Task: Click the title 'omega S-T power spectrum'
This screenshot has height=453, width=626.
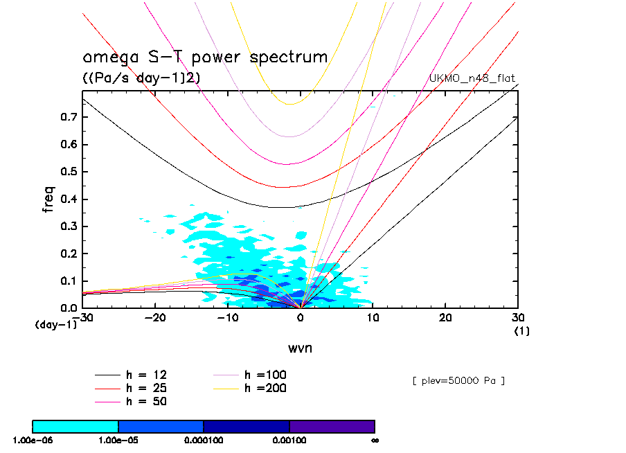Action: pos(205,57)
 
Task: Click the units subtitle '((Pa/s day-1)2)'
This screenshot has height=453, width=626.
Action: pos(141,78)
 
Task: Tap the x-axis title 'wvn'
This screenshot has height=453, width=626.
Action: pos(300,348)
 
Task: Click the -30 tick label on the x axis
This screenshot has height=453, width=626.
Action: pos(84,317)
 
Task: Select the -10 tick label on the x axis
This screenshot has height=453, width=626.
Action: pos(226,317)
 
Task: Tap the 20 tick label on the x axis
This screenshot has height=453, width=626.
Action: pos(445,317)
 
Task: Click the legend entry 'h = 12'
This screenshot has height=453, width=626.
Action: pos(145,375)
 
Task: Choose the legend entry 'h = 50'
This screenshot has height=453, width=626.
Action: pos(145,401)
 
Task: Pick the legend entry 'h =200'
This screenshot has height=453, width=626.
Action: pos(265,388)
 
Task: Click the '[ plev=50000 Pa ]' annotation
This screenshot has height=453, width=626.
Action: pos(458,381)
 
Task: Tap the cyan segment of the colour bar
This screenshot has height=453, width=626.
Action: pos(75,426)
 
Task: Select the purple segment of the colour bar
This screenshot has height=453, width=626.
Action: pos(332,426)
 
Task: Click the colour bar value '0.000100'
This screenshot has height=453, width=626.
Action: pos(204,440)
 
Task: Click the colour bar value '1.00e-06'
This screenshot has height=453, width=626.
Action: pos(32,440)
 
